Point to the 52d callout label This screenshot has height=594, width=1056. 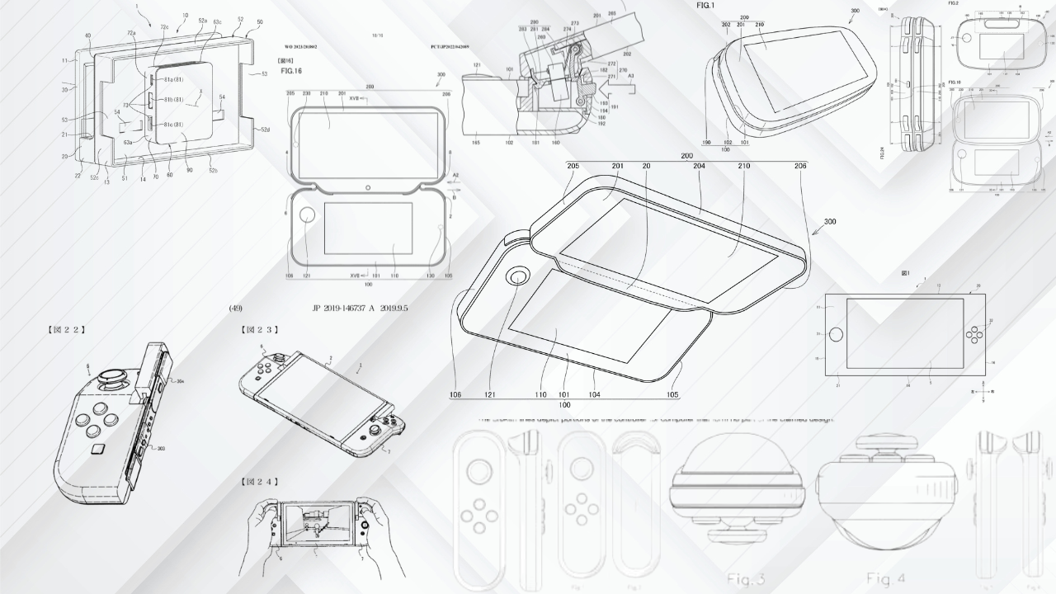(x=266, y=130)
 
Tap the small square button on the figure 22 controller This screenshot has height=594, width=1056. (x=98, y=448)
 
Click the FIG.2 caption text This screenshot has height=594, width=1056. (x=954, y=4)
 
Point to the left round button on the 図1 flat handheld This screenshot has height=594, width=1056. (x=836, y=335)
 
